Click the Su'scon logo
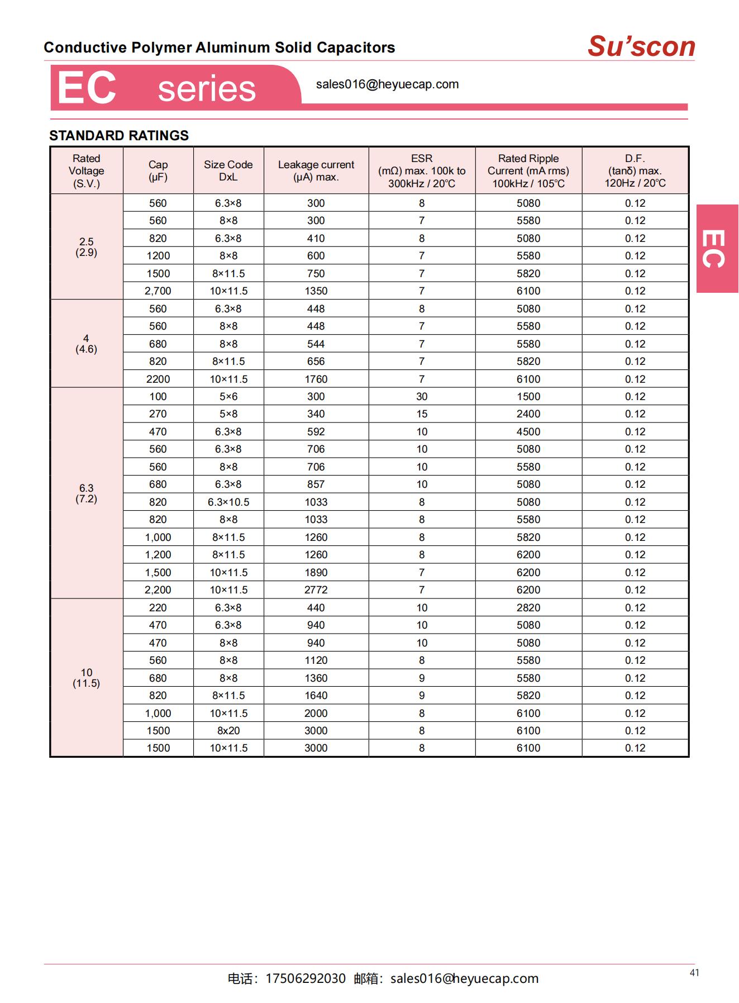[x=641, y=46]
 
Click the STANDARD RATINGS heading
[x=119, y=135]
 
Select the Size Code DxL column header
[x=228, y=170]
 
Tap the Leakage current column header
[x=316, y=170]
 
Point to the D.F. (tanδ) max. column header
[x=635, y=170]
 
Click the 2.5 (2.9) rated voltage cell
[x=87, y=247]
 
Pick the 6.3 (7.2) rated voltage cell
[x=87, y=493]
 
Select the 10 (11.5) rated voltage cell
[x=87, y=678]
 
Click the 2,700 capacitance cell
[x=158, y=291]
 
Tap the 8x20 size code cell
[x=228, y=730]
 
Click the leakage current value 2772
[x=316, y=590]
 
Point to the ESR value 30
[x=422, y=396]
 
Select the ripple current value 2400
[x=528, y=413]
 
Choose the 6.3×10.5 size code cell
[x=228, y=502]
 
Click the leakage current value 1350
[x=316, y=291]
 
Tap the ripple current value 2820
[x=528, y=607]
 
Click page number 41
[x=694, y=973]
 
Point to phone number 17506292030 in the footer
[x=306, y=978]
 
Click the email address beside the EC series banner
[x=387, y=84]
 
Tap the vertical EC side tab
[x=717, y=249]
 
